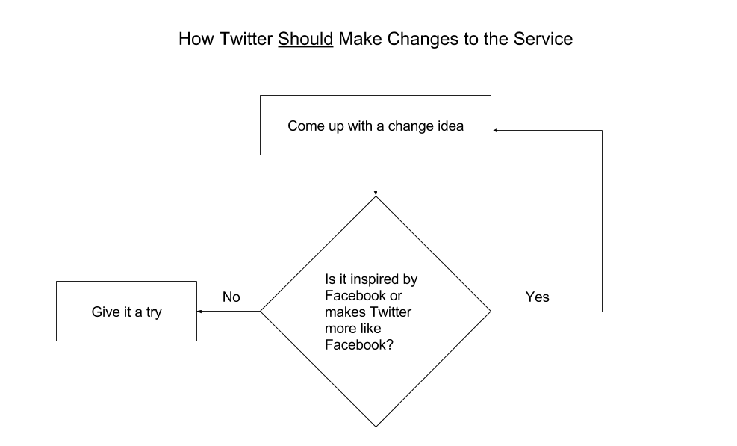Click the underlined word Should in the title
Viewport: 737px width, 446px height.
(x=305, y=39)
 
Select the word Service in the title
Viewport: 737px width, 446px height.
(x=543, y=39)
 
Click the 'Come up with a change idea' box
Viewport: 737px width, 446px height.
(x=375, y=125)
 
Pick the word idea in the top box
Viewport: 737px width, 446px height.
(x=450, y=126)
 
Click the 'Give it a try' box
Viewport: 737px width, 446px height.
(x=126, y=311)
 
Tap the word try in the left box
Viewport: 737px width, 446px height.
(x=153, y=312)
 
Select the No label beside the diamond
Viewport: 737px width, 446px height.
(x=231, y=297)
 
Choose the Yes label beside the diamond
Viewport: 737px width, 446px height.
(x=537, y=297)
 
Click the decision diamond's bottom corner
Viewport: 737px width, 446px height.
(x=376, y=426)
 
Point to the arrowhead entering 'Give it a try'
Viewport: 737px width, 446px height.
(x=200, y=311)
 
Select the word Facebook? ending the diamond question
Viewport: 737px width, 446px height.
(x=359, y=344)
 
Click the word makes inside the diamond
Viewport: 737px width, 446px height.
(x=343, y=312)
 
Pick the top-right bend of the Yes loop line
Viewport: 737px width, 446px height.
(x=602, y=131)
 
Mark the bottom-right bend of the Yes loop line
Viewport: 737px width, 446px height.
(x=602, y=311)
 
